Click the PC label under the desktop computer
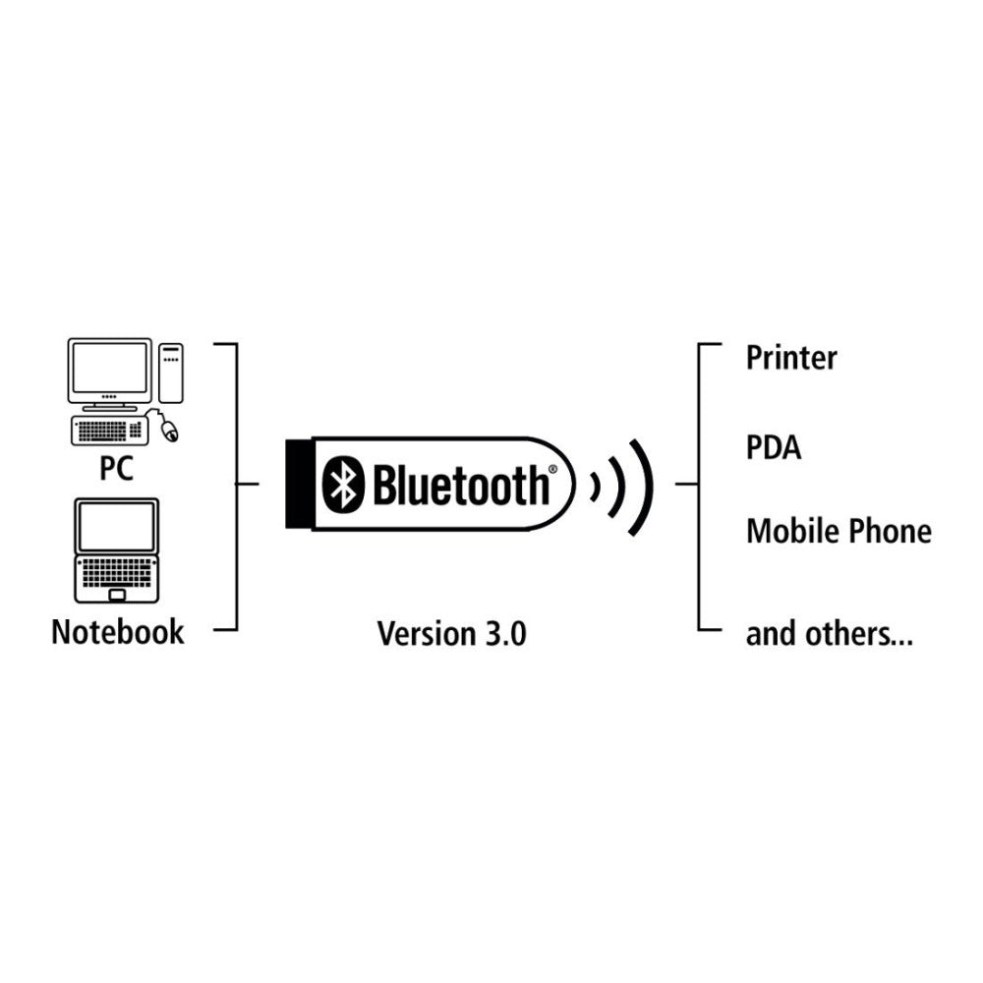coord(116,469)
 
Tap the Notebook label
coord(117,631)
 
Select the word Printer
coord(791,357)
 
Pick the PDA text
coord(774,448)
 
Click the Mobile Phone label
coord(838,532)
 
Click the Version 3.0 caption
coord(451,634)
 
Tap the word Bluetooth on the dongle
coord(459,485)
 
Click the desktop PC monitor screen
coord(109,369)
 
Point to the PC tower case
coord(171,372)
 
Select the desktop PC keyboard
coord(110,430)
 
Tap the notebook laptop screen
coord(118,527)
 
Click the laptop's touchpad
coord(117,594)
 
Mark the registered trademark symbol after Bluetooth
coord(553,471)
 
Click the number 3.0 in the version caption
coord(504,634)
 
